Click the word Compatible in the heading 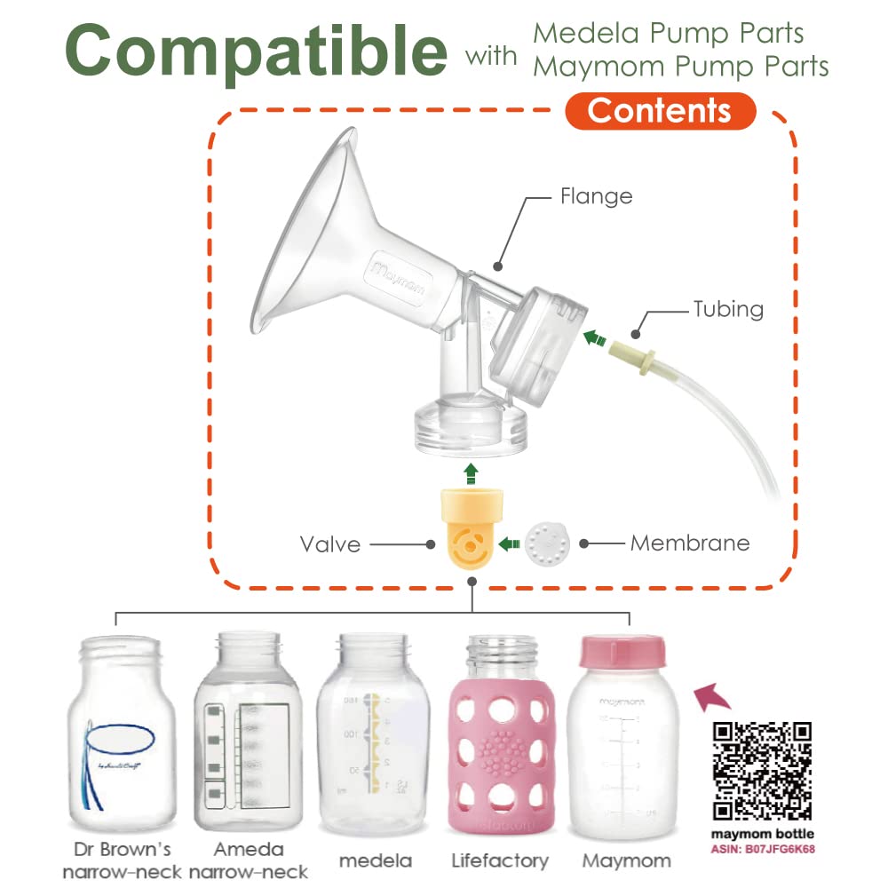[x=256, y=52]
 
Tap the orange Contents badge [x=659, y=111]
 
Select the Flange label [x=596, y=195]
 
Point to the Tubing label [x=728, y=309]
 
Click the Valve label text [x=330, y=543]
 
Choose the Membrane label [x=690, y=543]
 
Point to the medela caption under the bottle [x=376, y=860]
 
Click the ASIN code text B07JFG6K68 [x=781, y=849]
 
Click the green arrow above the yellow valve [x=471, y=471]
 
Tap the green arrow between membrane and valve [x=509, y=543]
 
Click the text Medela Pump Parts [x=668, y=34]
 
